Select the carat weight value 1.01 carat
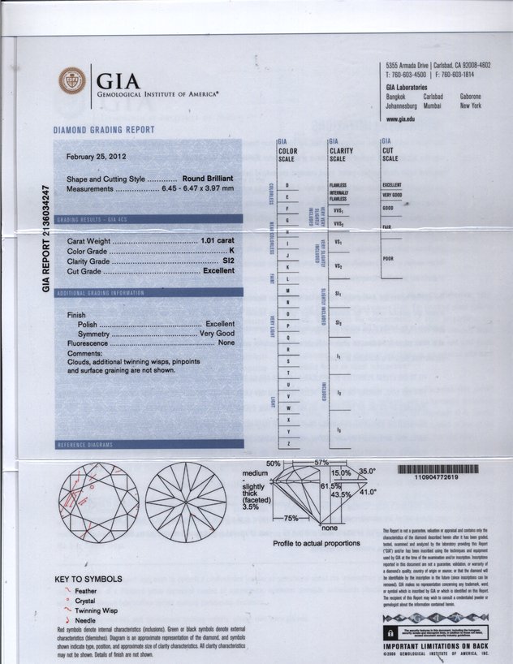tap(217, 242)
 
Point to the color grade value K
tap(231, 252)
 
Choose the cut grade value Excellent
tap(218, 271)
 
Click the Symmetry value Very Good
tap(217, 334)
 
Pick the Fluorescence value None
tap(226, 343)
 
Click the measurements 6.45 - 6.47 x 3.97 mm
tap(198, 188)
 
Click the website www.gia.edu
tap(401, 119)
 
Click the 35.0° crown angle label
tap(369, 471)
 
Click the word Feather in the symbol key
tap(85, 591)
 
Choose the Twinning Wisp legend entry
tap(97, 610)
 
